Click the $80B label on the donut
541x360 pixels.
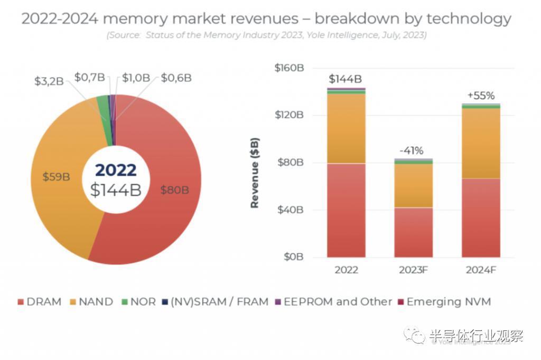pyautogui.click(x=174, y=190)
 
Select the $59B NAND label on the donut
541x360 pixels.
pyautogui.click(x=57, y=177)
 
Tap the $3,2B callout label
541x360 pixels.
pyautogui.click(x=49, y=81)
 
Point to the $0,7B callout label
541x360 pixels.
pyautogui.click(x=89, y=77)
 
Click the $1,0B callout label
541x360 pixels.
pyautogui.click(x=136, y=78)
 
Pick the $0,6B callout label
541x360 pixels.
pyautogui.click(x=176, y=78)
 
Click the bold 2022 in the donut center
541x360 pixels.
pyautogui.click(x=116, y=169)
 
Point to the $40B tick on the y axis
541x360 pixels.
pyautogui.click(x=290, y=210)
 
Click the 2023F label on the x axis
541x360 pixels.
pyautogui.click(x=413, y=270)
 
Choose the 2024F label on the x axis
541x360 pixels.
pyautogui.click(x=481, y=270)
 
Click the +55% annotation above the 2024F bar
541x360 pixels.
pyautogui.click(x=481, y=96)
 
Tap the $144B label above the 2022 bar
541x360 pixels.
pyautogui.click(x=345, y=79)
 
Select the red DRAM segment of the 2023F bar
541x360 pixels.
pyautogui.click(x=413, y=232)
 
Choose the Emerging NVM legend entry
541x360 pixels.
pyautogui.click(x=444, y=302)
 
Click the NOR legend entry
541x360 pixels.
pyautogui.click(x=138, y=302)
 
